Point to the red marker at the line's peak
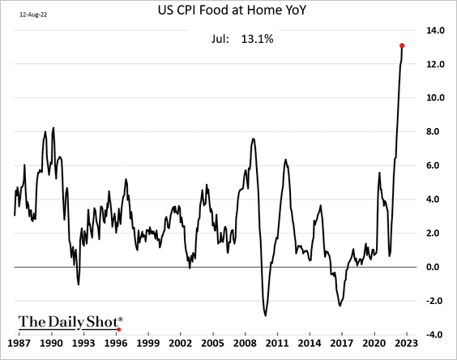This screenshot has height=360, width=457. tap(403, 45)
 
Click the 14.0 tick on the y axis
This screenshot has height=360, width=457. tap(436, 30)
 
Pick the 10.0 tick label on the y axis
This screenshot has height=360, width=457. tap(436, 98)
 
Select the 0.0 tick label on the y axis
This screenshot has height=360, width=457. tap(436, 268)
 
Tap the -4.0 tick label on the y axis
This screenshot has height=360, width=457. tap(436, 335)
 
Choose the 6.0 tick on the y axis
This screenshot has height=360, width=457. tap(436, 165)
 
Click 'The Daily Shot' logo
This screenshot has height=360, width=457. tap(70, 321)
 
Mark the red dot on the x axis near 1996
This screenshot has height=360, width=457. tap(119, 330)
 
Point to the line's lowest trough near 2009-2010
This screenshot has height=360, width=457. tap(266, 315)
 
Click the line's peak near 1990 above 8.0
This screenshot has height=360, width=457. tap(53, 128)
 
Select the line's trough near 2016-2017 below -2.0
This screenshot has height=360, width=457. tap(340, 305)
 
